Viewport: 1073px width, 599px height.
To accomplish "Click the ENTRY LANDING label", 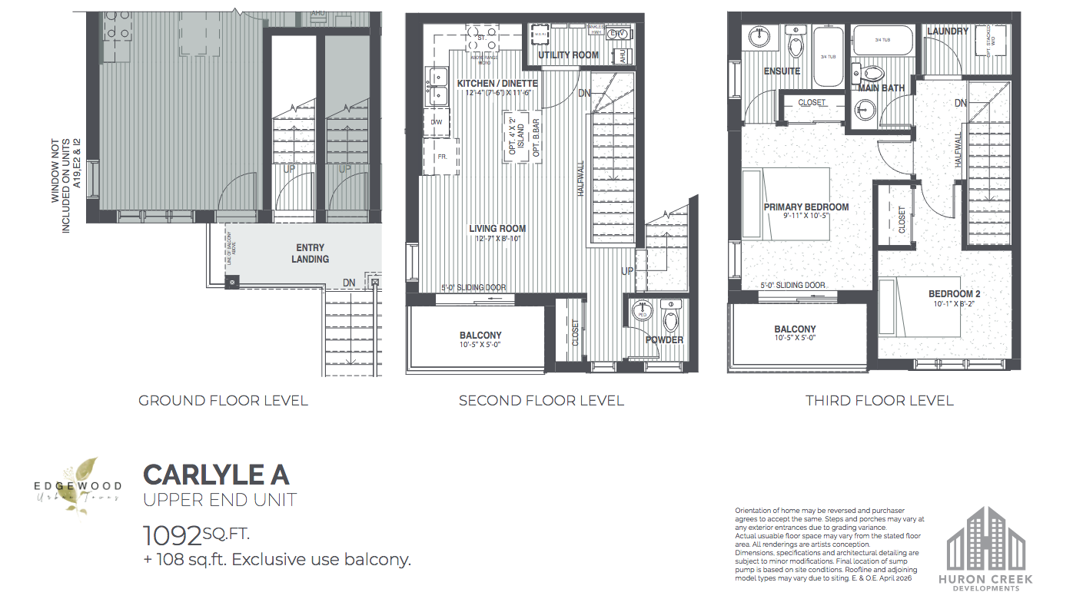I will (311, 253).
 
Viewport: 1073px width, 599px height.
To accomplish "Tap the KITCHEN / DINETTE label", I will (497, 83).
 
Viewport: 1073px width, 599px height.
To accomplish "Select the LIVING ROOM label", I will (497, 228).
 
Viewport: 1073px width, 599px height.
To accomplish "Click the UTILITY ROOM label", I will (568, 55).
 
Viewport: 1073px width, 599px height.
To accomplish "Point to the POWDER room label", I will (664, 339).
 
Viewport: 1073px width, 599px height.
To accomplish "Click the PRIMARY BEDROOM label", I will (806, 207).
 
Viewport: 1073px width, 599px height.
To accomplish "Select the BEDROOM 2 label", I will (954, 294).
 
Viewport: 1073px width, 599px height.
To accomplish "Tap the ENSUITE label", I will (782, 71).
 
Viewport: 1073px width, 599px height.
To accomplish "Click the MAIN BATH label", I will (881, 88).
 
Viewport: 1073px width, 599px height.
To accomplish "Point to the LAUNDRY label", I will (947, 31).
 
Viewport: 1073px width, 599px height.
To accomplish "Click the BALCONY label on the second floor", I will (480, 336).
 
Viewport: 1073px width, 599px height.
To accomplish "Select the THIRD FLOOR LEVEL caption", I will (879, 400).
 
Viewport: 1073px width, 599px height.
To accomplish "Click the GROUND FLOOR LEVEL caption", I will (223, 400).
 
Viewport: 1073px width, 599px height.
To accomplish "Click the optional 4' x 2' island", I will (514, 135).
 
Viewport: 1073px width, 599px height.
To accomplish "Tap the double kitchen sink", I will (439, 86).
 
